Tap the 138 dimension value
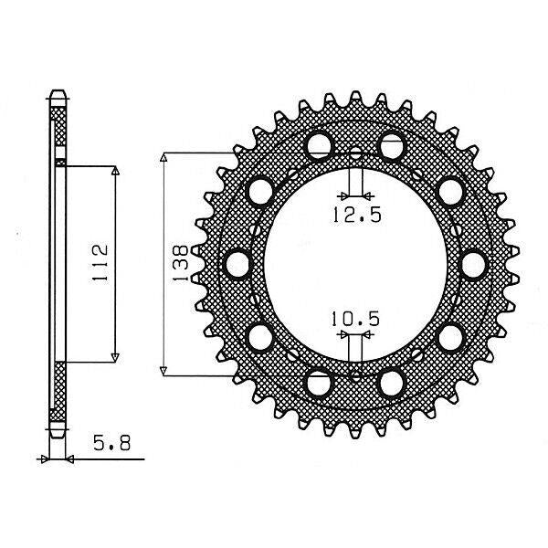coord(180,262)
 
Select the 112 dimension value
coord(100,262)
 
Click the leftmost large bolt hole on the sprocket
coord(237,265)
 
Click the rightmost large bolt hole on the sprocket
coord(473,265)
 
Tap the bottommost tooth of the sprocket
coord(355,432)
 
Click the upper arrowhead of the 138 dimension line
coord(164,157)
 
